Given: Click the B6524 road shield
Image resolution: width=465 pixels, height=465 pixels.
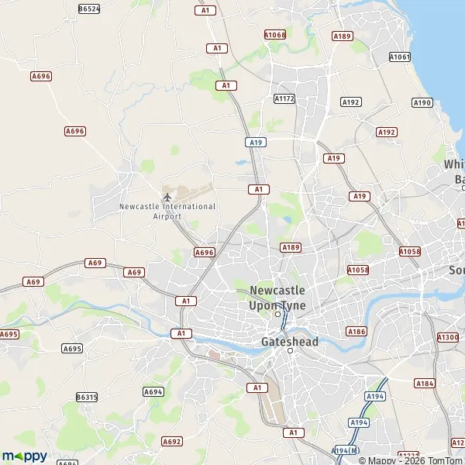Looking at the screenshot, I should [90, 9].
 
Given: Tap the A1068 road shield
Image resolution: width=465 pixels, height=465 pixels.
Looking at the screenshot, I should [275, 35].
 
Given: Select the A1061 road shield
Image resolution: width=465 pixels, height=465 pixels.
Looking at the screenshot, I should [400, 57].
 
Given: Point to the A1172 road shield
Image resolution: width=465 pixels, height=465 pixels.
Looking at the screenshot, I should [284, 98].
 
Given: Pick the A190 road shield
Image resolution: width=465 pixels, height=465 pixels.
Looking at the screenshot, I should [422, 102].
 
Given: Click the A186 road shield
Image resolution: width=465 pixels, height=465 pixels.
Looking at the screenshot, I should [356, 331].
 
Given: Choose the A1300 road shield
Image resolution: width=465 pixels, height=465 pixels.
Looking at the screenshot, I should [448, 337].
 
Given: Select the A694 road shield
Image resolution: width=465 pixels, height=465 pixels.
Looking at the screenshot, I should [153, 391].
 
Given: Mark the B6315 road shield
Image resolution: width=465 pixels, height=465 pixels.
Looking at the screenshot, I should [87, 397].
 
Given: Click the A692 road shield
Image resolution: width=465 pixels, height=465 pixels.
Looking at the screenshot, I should [172, 441].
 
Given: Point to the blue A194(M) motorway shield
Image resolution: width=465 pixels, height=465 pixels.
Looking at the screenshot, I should [346, 450].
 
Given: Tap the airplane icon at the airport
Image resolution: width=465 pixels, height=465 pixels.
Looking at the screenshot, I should [167, 195].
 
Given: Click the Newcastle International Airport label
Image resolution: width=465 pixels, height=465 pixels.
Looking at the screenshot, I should [167, 211].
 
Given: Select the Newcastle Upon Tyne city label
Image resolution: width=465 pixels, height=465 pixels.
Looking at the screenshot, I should [277, 298].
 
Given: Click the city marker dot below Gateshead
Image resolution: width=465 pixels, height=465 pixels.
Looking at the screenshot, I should [291, 351].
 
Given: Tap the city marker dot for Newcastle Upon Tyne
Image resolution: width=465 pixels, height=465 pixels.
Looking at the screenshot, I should [277, 314].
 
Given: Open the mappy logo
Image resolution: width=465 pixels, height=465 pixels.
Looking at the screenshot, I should [24, 456].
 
